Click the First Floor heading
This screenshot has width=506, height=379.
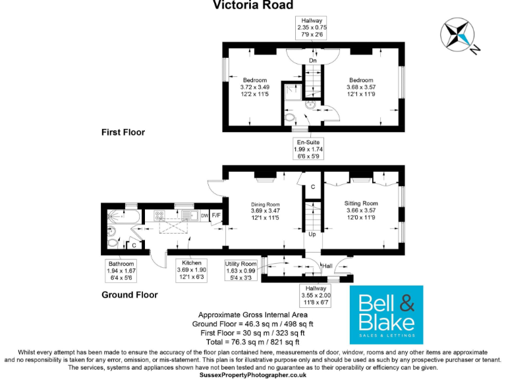[x=123, y=132]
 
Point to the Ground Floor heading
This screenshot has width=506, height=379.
[x=129, y=295]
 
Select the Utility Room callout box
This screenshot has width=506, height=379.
[x=240, y=269]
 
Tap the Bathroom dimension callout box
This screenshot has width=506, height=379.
[x=121, y=270]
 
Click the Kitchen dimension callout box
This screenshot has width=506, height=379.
[x=192, y=269]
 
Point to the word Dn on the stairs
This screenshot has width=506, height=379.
[x=313, y=61]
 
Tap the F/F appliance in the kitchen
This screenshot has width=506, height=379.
[x=216, y=215]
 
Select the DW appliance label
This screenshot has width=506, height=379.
[x=204, y=215]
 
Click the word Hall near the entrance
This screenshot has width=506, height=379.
[x=327, y=266]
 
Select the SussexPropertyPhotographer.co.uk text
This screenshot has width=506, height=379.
[x=253, y=374]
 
